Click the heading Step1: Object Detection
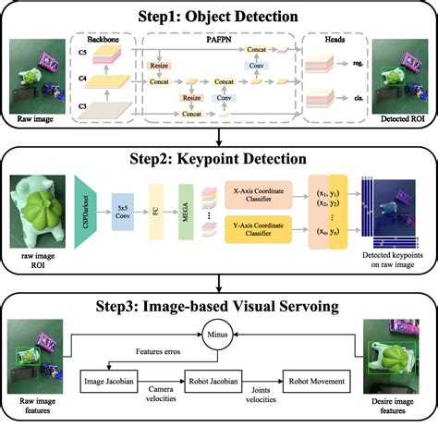[219, 16]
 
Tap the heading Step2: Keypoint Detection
[219, 144]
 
